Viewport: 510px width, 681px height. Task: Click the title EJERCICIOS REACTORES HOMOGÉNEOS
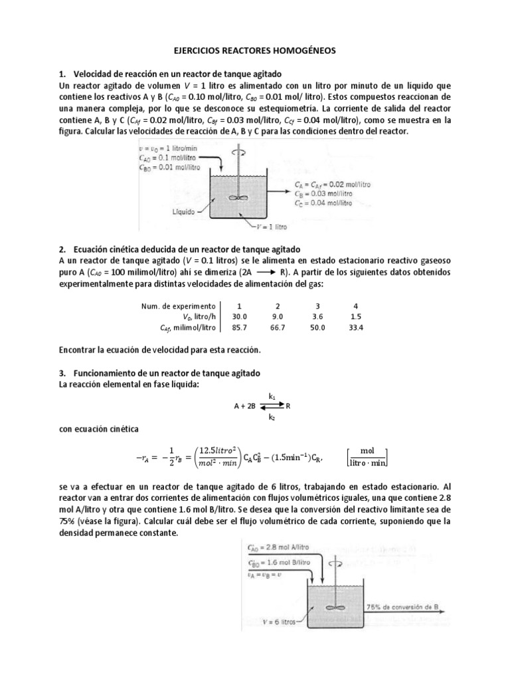click(x=254, y=50)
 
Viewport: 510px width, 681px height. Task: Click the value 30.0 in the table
click(x=230, y=317)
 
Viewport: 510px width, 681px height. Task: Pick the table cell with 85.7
click(x=230, y=328)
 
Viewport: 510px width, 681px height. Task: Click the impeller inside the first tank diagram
click(x=235, y=197)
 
